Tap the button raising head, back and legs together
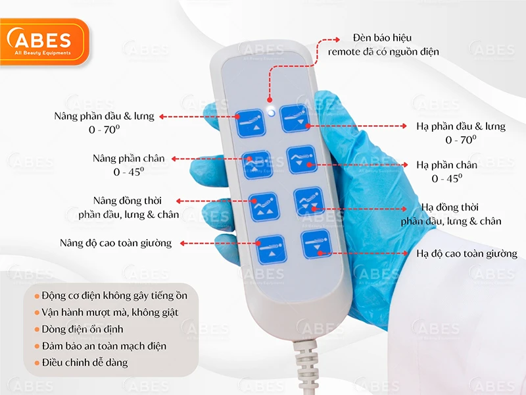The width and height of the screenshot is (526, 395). (x=264, y=205)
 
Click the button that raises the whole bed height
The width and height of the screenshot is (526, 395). (x=271, y=250)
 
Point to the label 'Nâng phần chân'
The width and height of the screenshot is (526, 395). (x=128, y=159)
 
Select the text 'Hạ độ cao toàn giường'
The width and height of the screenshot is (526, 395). (x=466, y=253)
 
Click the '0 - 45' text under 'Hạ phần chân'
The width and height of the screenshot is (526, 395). (x=447, y=178)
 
